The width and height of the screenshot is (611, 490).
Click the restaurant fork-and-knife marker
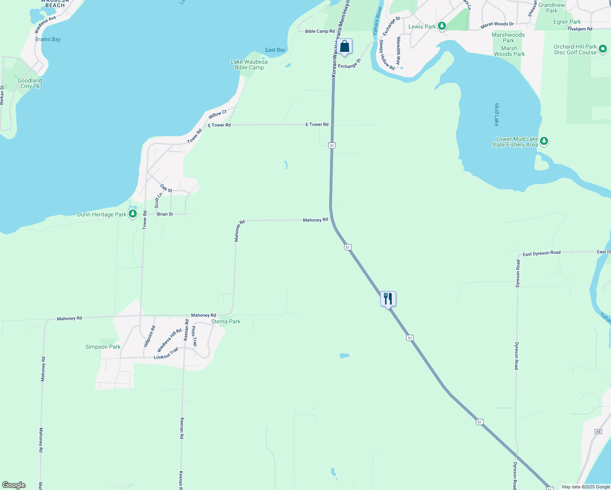388,299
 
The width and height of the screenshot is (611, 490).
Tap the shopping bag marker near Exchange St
345,47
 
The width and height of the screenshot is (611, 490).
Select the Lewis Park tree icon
442,26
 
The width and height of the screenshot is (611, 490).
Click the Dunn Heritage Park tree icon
132,214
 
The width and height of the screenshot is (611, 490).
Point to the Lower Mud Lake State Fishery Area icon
544,141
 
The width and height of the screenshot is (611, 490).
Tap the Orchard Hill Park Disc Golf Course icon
602,49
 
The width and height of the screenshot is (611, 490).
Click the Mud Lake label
497,114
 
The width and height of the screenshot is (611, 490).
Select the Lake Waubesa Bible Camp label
249,65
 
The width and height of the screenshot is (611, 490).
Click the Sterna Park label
226,322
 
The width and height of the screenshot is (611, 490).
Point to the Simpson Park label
103,347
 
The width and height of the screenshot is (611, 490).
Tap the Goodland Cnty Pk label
30,83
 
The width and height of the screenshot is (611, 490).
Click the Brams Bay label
48,40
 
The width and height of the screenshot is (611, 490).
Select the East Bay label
275,50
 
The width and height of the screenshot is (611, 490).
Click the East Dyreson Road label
542,253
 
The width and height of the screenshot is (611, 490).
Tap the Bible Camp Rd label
320,31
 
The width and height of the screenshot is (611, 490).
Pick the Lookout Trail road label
166,354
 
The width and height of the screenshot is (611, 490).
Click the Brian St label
165,214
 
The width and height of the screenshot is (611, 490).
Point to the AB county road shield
598,432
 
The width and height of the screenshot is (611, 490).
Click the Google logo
14,485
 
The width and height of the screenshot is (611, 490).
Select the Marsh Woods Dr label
497,24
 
